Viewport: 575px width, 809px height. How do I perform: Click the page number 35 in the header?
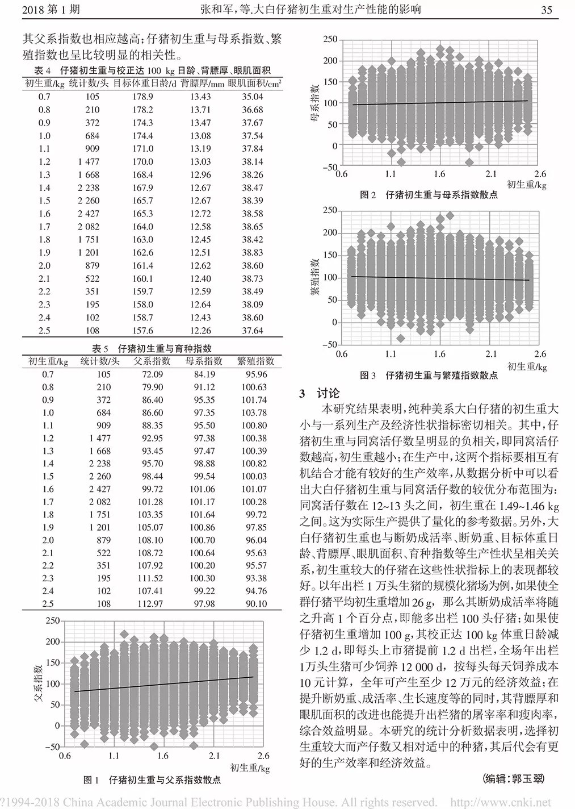pyautogui.click(x=547, y=10)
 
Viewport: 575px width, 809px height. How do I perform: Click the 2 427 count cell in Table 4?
pyautogui.click(x=89, y=214)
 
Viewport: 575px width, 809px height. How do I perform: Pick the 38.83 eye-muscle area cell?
pyautogui.click(x=252, y=253)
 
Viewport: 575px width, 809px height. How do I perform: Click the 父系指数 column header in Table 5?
pyautogui.click(x=152, y=361)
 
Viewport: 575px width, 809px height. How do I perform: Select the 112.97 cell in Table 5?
pyautogui.click(x=150, y=604)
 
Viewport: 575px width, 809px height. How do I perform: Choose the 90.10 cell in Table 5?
pyautogui.click(x=255, y=604)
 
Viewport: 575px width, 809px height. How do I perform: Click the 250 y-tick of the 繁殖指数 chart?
pyautogui.click(x=329, y=211)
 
